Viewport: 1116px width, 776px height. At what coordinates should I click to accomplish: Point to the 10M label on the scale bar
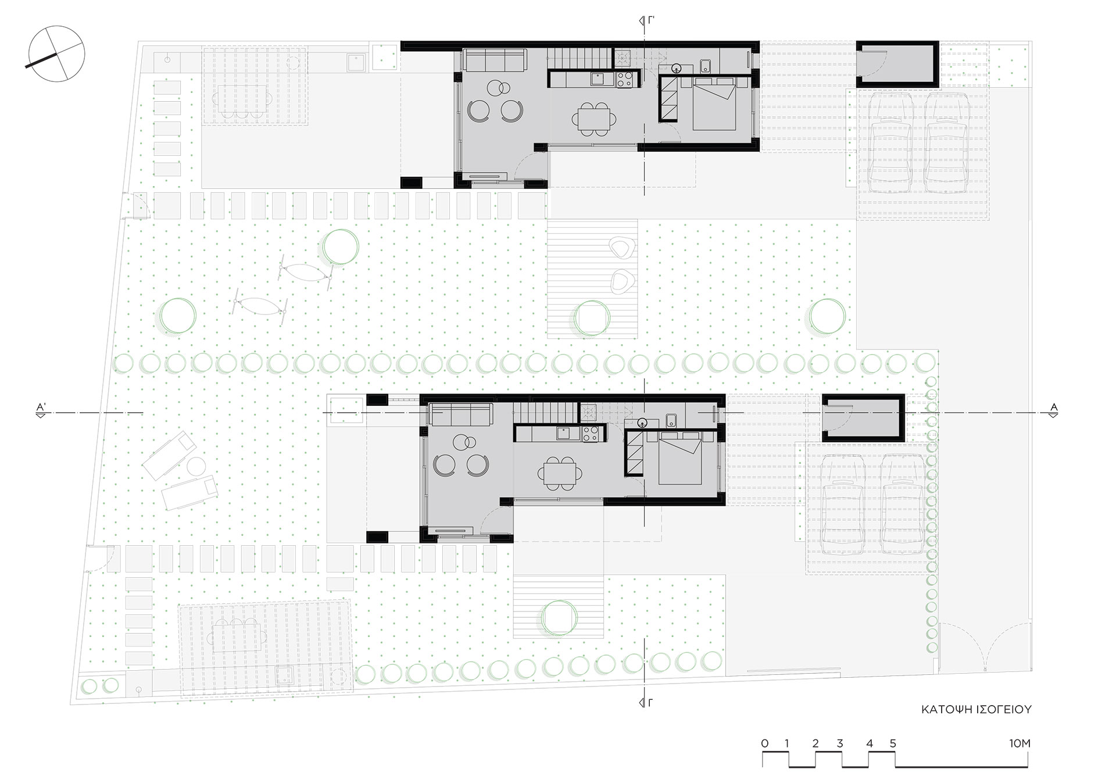pyautogui.click(x=1020, y=743)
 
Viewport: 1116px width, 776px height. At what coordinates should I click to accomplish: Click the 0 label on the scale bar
pyautogui.click(x=765, y=743)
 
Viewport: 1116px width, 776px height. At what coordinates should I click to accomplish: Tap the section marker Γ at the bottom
pyautogui.click(x=645, y=702)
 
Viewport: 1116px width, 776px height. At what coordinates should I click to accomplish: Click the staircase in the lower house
pyautogui.click(x=545, y=413)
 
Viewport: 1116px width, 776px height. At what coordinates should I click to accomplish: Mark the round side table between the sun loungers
pyautogui.click(x=195, y=466)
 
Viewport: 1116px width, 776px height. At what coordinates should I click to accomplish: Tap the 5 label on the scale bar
pyautogui.click(x=893, y=743)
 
